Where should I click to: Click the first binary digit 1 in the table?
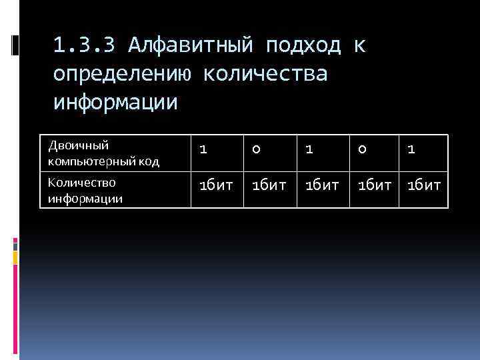[203, 151]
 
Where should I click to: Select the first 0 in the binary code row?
[255, 151]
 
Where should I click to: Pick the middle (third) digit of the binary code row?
[308, 151]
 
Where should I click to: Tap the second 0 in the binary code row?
[361, 151]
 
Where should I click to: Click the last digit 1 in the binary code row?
[411, 151]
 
